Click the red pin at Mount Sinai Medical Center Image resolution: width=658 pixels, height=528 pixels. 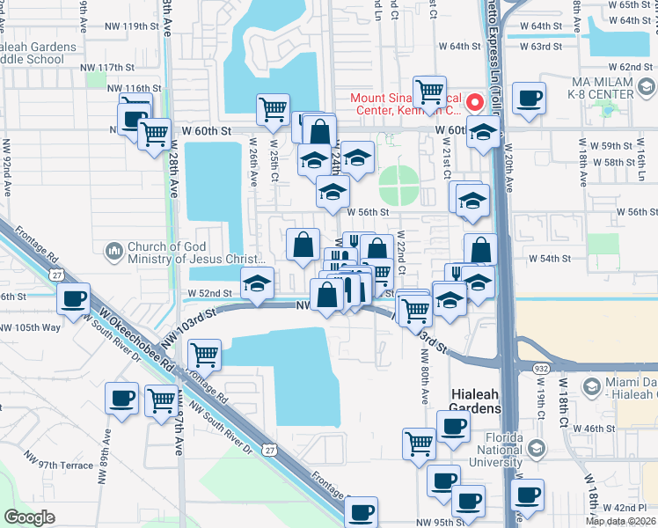click(x=476, y=102)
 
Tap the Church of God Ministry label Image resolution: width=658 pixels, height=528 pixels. click(x=195, y=253)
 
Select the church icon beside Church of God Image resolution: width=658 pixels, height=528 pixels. click(x=113, y=253)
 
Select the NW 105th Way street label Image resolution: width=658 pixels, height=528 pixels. click(x=31, y=327)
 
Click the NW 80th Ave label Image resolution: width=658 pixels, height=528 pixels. click(x=426, y=374)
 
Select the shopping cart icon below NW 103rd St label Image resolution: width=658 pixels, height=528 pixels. click(x=204, y=355)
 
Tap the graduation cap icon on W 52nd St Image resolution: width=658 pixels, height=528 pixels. click(x=257, y=283)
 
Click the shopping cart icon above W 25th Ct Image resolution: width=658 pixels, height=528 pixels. click(x=274, y=109)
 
